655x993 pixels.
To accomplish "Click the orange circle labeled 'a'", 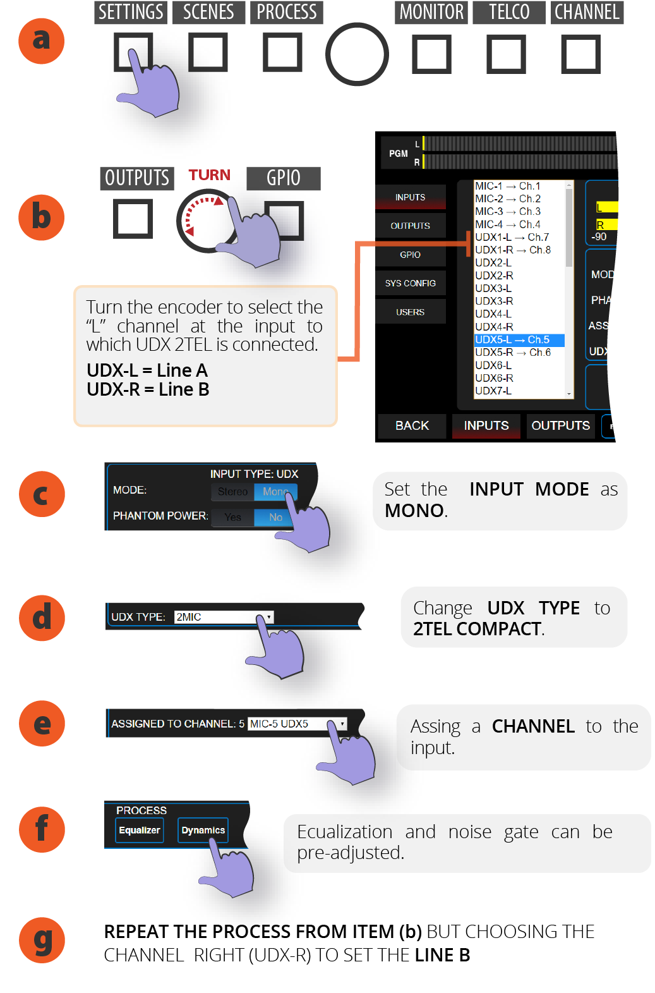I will click(x=41, y=41).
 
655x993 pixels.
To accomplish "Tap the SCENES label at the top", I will click(x=208, y=12).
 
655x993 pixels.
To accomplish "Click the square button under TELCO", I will click(x=506, y=54).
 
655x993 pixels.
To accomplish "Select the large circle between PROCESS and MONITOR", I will click(x=357, y=54).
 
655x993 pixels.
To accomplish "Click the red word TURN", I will click(x=209, y=175).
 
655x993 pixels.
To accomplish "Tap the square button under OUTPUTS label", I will click(x=133, y=219).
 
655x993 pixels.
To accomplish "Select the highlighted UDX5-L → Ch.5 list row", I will click(x=519, y=340).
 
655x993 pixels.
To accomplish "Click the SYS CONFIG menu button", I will click(x=410, y=283).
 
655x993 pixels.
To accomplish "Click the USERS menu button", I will click(x=410, y=312).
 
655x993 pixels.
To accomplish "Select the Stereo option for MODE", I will click(x=232, y=492).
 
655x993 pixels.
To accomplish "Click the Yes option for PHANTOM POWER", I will click(x=232, y=517).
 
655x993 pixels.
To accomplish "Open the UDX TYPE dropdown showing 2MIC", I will click(x=224, y=617).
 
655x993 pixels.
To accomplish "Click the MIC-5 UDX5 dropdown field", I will click(x=297, y=724).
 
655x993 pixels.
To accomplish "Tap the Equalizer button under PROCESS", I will click(x=140, y=830).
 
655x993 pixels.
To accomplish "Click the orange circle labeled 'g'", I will click(x=41, y=940).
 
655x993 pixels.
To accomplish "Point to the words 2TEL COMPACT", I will click(x=477, y=629).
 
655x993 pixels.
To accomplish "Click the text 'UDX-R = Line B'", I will click(x=148, y=389).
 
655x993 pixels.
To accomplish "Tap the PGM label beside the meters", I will click(x=398, y=154).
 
